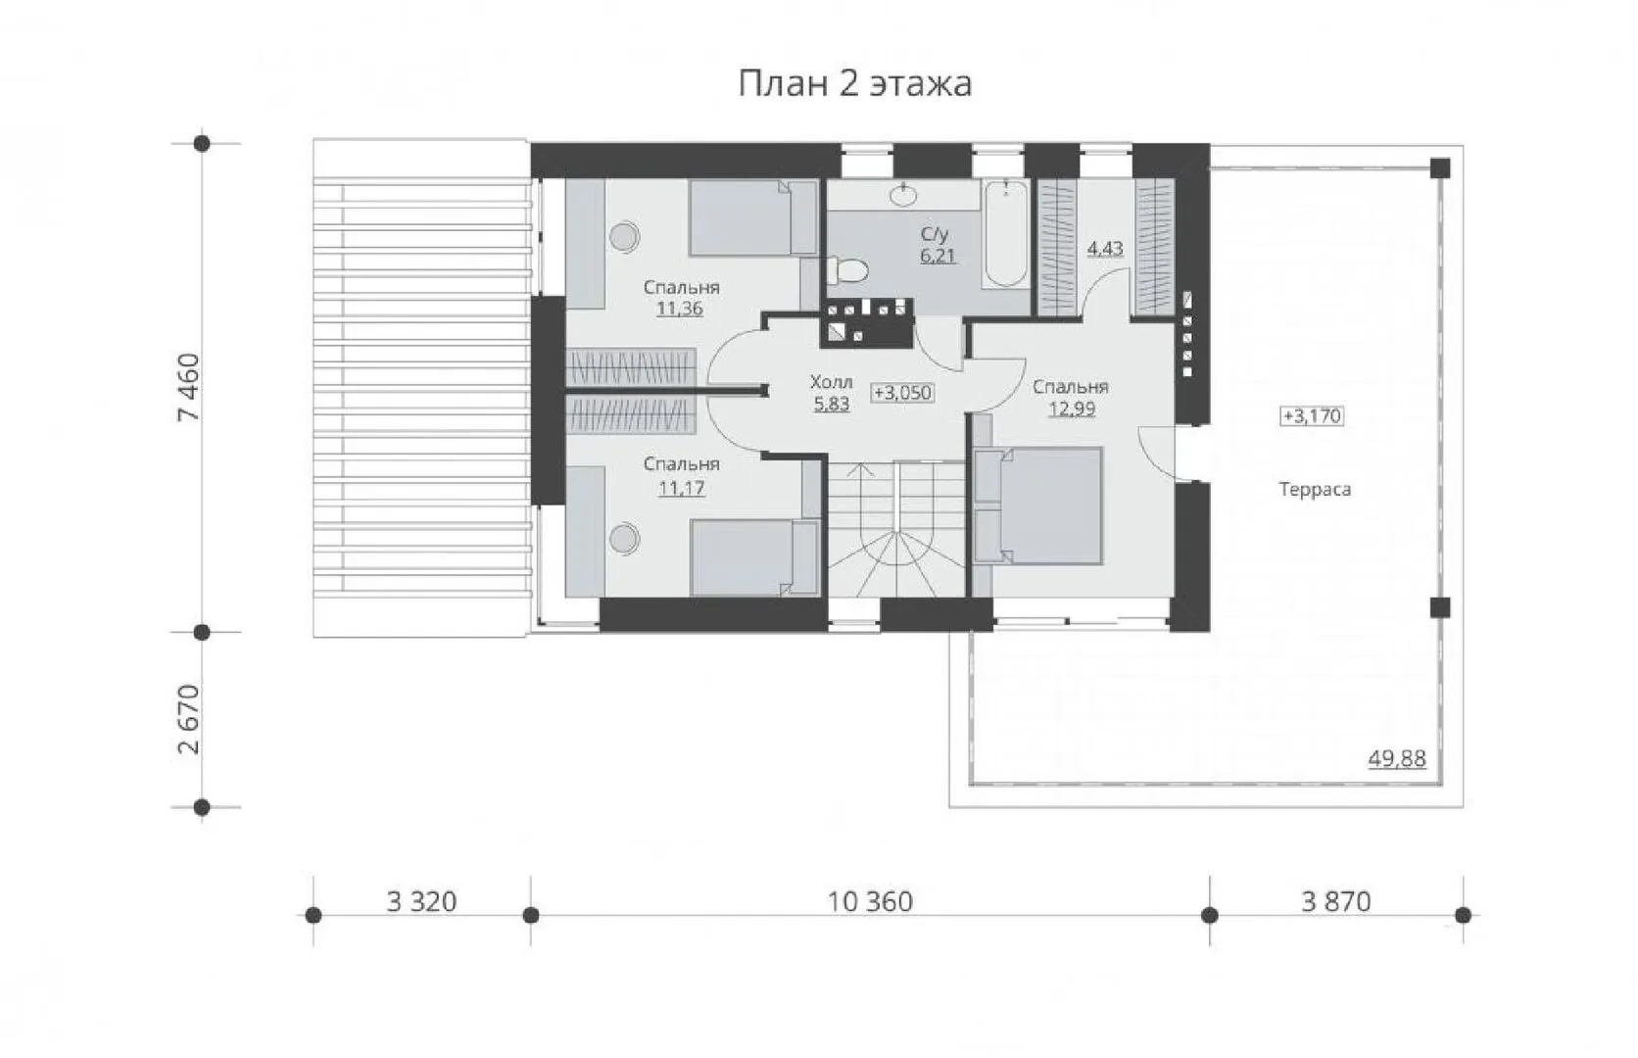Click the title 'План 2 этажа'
click(855, 84)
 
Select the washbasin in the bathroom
click(904, 195)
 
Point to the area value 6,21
click(938, 256)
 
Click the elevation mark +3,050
click(902, 393)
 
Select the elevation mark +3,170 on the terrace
click(1312, 416)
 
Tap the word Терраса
click(1315, 490)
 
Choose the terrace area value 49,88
click(1397, 759)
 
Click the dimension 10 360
click(870, 902)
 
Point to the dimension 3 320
click(421, 902)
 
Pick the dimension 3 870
click(1336, 902)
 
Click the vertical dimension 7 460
click(189, 388)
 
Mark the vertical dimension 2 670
click(189, 719)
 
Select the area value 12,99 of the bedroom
click(1072, 409)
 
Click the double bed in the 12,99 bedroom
click(1037, 505)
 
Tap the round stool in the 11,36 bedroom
click(624, 237)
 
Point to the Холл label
click(832, 382)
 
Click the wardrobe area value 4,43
click(1105, 249)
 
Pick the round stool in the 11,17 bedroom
click(624, 539)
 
